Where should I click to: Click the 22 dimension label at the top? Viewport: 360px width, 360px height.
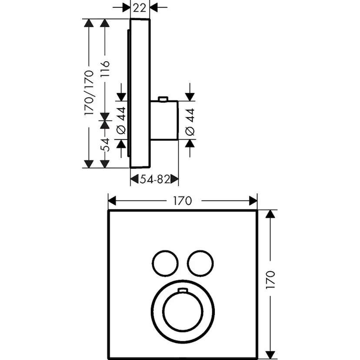[x=140, y=7]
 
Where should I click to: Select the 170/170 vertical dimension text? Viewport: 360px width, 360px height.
[x=90, y=93]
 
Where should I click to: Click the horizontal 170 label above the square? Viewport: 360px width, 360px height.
[x=182, y=201]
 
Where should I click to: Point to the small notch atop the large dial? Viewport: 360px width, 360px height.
[x=183, y=290]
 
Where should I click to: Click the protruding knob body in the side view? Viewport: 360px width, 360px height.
[x=164, y=120]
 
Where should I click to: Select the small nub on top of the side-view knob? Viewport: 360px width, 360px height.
[x=163, y=99]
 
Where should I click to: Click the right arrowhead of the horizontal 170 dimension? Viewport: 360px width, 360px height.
[x=253, y=201]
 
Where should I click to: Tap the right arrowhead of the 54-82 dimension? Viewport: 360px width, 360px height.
[x=174, y=179]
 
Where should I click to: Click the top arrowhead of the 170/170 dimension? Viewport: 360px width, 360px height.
[x=89, y=24]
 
